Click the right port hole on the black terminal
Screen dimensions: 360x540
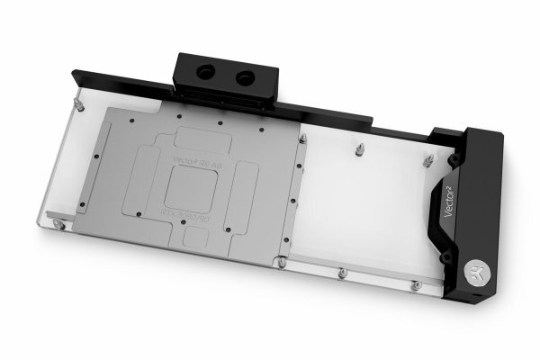pyautogui.click(x=243, y=78)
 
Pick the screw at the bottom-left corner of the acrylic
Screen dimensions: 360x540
pyautogui.click(x=58, y=223)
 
